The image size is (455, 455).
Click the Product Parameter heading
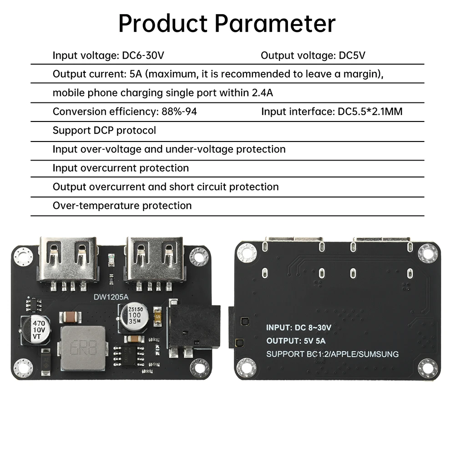227,23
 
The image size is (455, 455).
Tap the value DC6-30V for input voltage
143,56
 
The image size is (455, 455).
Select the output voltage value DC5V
352,56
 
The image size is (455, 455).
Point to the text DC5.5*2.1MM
370,111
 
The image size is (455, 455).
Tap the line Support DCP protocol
104,131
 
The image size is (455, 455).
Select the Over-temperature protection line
122,206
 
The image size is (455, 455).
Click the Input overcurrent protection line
121,168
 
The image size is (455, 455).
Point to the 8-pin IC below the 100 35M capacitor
129,354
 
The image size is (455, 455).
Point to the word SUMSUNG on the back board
377,354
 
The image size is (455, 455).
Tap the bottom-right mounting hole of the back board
428,368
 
